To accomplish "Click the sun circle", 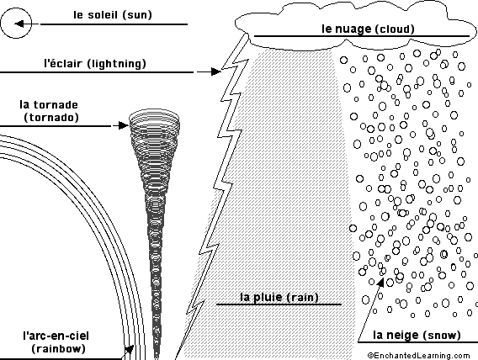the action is (16, 8).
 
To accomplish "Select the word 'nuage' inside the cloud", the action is (352, 29).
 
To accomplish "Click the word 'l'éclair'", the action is (63, 63).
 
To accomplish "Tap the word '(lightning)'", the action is (116, 64).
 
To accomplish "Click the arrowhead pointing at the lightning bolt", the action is (215, 71).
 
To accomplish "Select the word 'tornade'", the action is (56, 105).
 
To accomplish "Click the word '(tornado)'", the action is (51, 118).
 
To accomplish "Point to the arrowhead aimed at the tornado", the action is (124, 125).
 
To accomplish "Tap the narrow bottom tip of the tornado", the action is (157, 356).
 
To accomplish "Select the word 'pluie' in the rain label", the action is (267, 297).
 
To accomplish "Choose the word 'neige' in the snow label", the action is (401, 335).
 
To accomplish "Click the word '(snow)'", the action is (441, 336).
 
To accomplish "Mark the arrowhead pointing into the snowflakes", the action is (380, 283).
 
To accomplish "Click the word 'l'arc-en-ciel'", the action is (56, 336).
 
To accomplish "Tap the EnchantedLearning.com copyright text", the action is (418, 356).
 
